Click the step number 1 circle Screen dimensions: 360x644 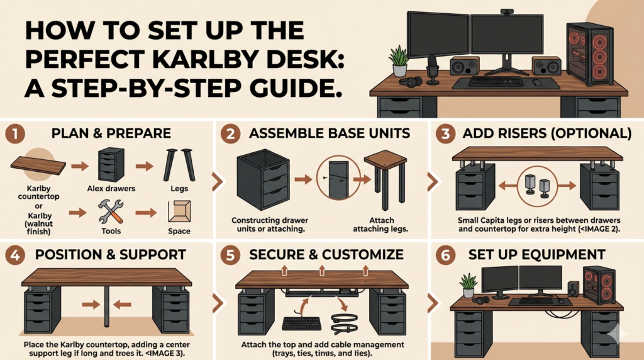pos(14,134)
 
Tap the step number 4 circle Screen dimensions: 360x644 pos(14,255)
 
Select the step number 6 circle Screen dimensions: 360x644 pos(445,255)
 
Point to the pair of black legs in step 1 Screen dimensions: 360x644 pos(176,165)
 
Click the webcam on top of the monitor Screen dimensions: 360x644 pos(507,12)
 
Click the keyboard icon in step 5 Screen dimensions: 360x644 pos(302,323)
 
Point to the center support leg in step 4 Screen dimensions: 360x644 pos(107,306)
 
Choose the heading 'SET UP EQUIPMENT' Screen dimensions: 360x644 pos(536,255)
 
